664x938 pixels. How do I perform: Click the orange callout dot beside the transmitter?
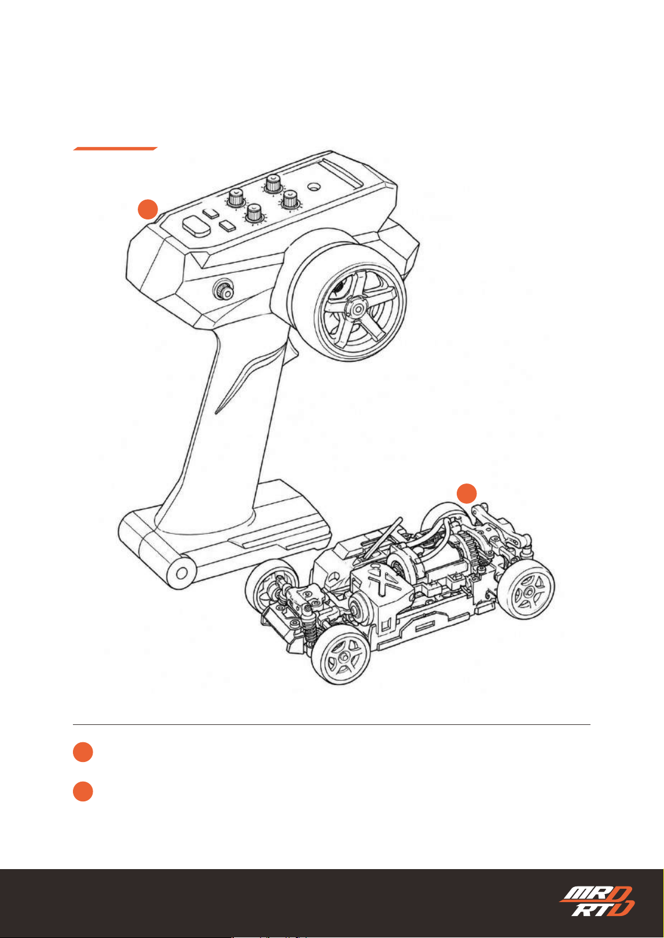click(148, 209)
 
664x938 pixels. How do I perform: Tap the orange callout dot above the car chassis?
click(467, 493)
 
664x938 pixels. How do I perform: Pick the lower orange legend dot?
click(83, 791)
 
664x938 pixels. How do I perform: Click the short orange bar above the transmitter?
click(115, 149)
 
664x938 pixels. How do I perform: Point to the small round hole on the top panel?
click(313, 185)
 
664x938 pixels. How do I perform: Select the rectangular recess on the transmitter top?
click(339, 173)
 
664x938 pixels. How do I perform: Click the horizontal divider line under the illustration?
click(332, 724)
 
